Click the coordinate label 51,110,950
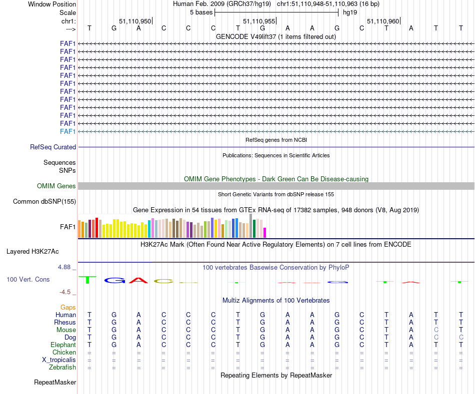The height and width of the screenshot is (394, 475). pyautogui.click(x=134, y=21)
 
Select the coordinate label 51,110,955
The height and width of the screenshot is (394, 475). pyautogui.click(x=258, y=21)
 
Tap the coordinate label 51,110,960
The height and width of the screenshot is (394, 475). pyautogui.click(x=382, y=21)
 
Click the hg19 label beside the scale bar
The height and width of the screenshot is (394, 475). pyautogui.click(x=349, y=12)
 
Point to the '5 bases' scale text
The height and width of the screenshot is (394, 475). pyautogui.click(x=201, y=12)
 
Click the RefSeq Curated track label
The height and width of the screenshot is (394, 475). pyautogui.click(x=53, y=147)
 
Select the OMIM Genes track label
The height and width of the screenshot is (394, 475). pyautogui.click(x=56, y=186)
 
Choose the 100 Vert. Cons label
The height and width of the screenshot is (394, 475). pyautogui.click(x=28, y=280)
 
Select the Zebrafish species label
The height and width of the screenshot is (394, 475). pyautogui.click(x=62, y=368)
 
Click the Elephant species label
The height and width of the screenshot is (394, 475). pyautogui.click(x=63, y=345)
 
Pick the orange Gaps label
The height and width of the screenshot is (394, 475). pyautogui.click(x=68, y=308)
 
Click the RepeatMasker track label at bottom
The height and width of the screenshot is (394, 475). pyautogui.click(x=55, y=383)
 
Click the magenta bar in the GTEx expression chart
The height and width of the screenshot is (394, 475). pyautogui.click(x=265, y=232)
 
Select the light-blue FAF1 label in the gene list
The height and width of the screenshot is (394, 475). pyautogui.click(x=68, y=131)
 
